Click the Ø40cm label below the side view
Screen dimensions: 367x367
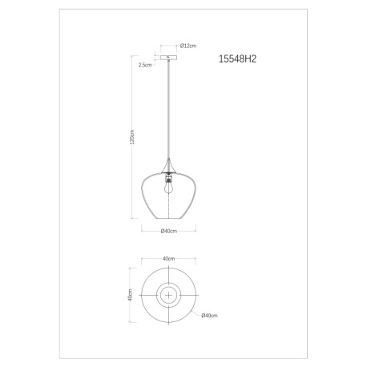pos(168,232)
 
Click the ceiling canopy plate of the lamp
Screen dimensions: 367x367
pos(168,58)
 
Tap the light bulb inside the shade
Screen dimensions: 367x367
pos(168,190)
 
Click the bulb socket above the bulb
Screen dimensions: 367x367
pos(168,177)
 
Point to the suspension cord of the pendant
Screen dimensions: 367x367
pos(168,112)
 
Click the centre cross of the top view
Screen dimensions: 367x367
pos(168,295)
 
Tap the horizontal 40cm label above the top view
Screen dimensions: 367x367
pos(168,259)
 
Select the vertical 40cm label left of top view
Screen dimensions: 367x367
pos(130,294)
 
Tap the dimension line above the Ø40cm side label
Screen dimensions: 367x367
pos(168,224)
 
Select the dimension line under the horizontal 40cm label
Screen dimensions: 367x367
pos(168,264)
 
